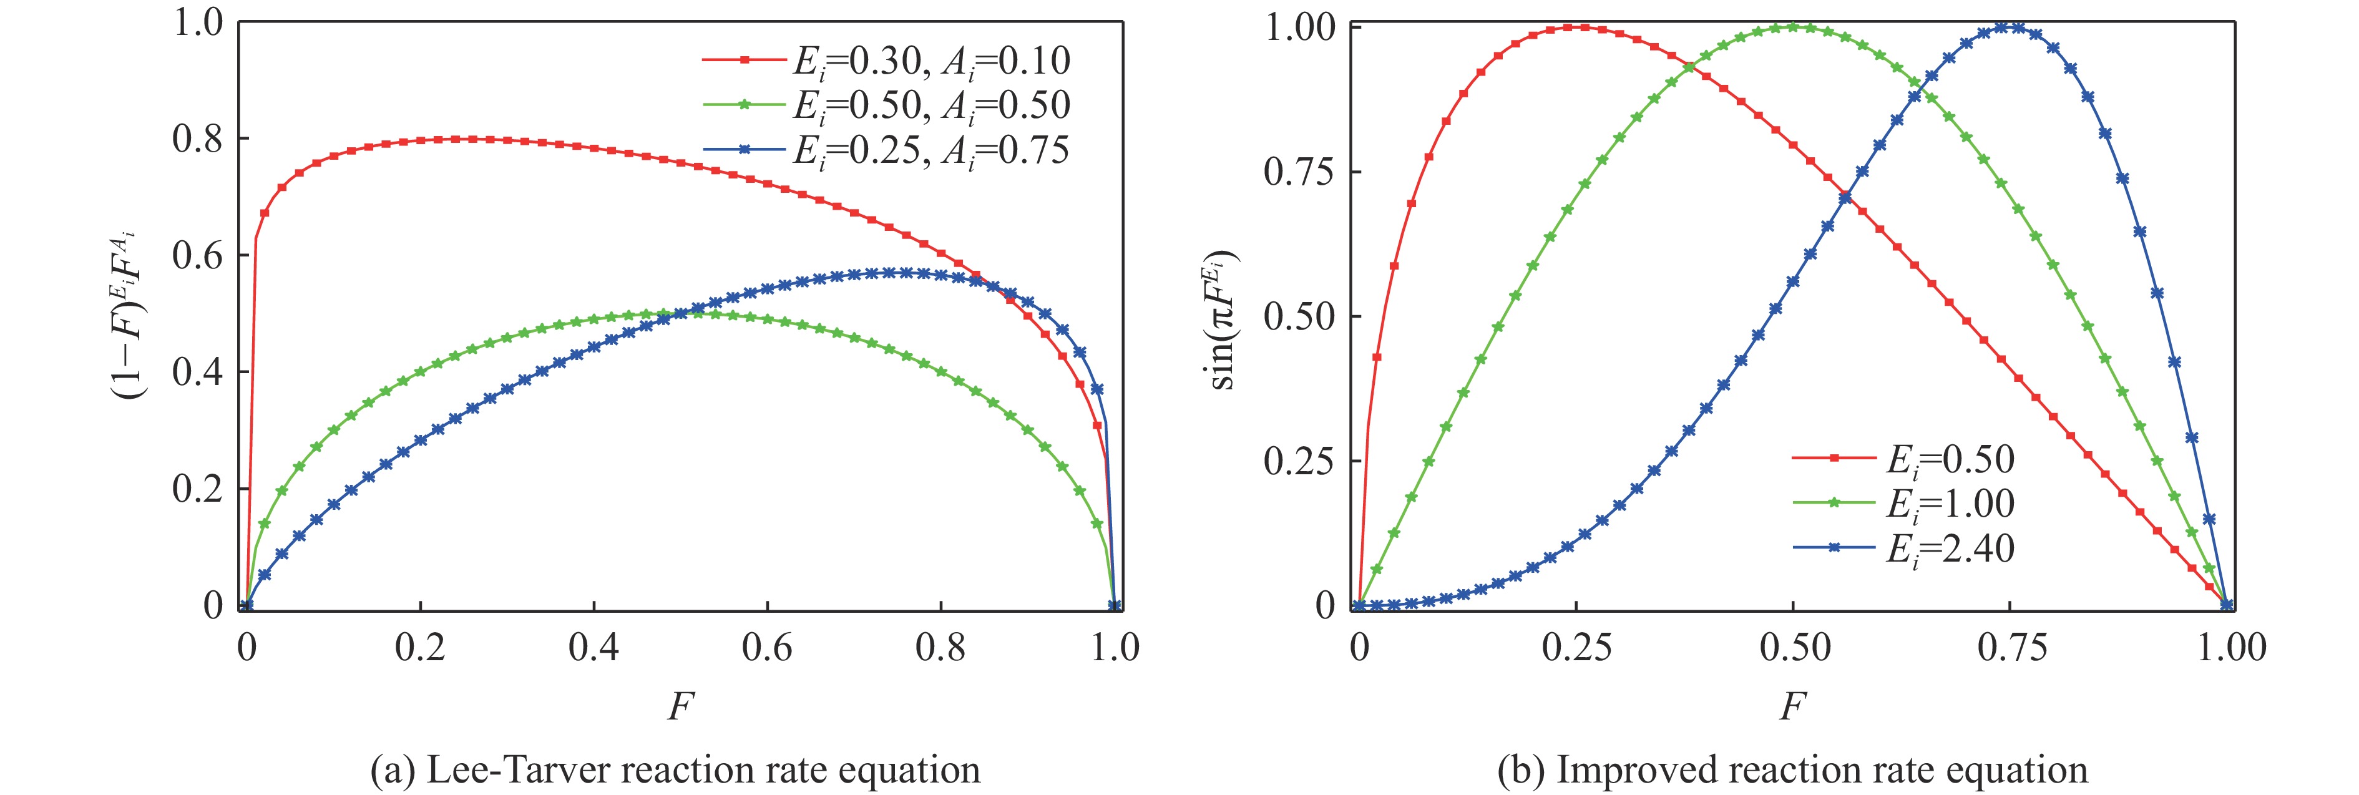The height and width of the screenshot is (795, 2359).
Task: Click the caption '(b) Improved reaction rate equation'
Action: pos(1792,770)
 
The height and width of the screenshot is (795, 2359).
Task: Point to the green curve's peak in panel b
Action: pos(1793,27)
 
